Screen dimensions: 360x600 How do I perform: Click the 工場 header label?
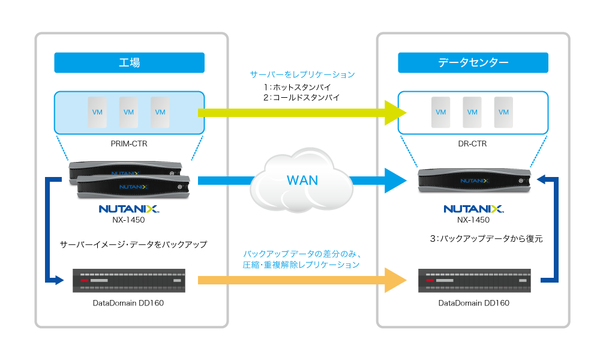click(129, 62)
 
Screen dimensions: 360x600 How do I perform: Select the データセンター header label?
click(473, 62)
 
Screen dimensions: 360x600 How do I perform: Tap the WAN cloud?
click(302, 179)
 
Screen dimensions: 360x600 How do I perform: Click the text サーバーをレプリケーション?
click(302, 75)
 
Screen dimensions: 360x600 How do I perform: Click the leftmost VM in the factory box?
click(97, 112)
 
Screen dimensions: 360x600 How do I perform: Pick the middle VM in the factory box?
click(128, 112)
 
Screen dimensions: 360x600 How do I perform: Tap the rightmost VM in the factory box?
click(160, 112)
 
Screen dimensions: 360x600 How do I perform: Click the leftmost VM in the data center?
click(441, 112)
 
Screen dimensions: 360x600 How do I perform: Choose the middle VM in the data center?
click(472, 112)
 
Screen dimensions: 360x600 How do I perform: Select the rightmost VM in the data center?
click(503, 112)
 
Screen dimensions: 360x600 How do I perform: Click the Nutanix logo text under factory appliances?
click(128, 209)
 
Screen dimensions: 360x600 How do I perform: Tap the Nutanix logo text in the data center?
click(473, 209)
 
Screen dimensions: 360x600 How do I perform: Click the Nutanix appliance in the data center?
click(474, 180)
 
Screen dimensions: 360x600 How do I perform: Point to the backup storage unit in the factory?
click(128, 280)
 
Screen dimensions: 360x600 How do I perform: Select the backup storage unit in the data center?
click(473, 280)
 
